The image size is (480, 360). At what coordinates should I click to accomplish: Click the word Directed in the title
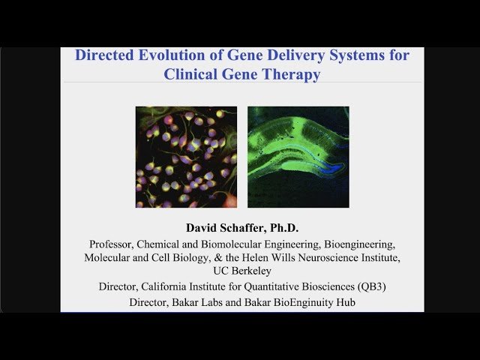104,55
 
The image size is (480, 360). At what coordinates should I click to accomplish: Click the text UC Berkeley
241,271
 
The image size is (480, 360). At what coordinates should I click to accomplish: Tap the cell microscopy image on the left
186,157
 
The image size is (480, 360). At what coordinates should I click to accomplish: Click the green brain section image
298,157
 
